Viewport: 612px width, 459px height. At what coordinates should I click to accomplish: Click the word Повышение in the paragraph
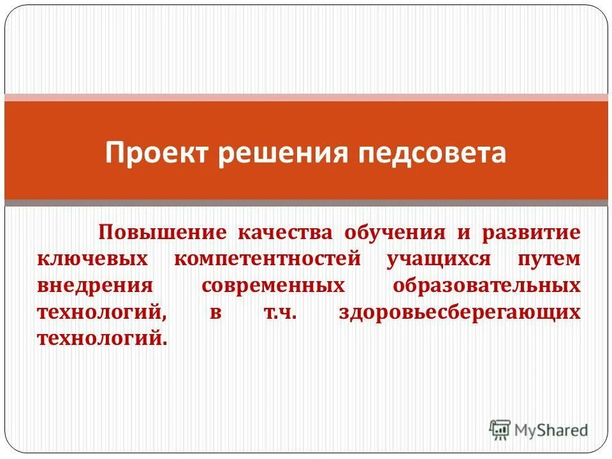tap(161, 231)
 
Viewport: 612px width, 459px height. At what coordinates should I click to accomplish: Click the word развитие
tap(531, 231)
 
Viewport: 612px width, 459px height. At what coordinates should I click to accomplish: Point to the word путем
tap(549, 258)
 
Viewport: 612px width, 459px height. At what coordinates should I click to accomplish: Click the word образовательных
tap(486, 285)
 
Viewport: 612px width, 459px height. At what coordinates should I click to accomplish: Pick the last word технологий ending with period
tap(102, 338)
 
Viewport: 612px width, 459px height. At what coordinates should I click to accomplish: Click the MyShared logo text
tap(551, 430)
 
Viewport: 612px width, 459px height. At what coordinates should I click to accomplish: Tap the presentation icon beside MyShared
tap(500, 430)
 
